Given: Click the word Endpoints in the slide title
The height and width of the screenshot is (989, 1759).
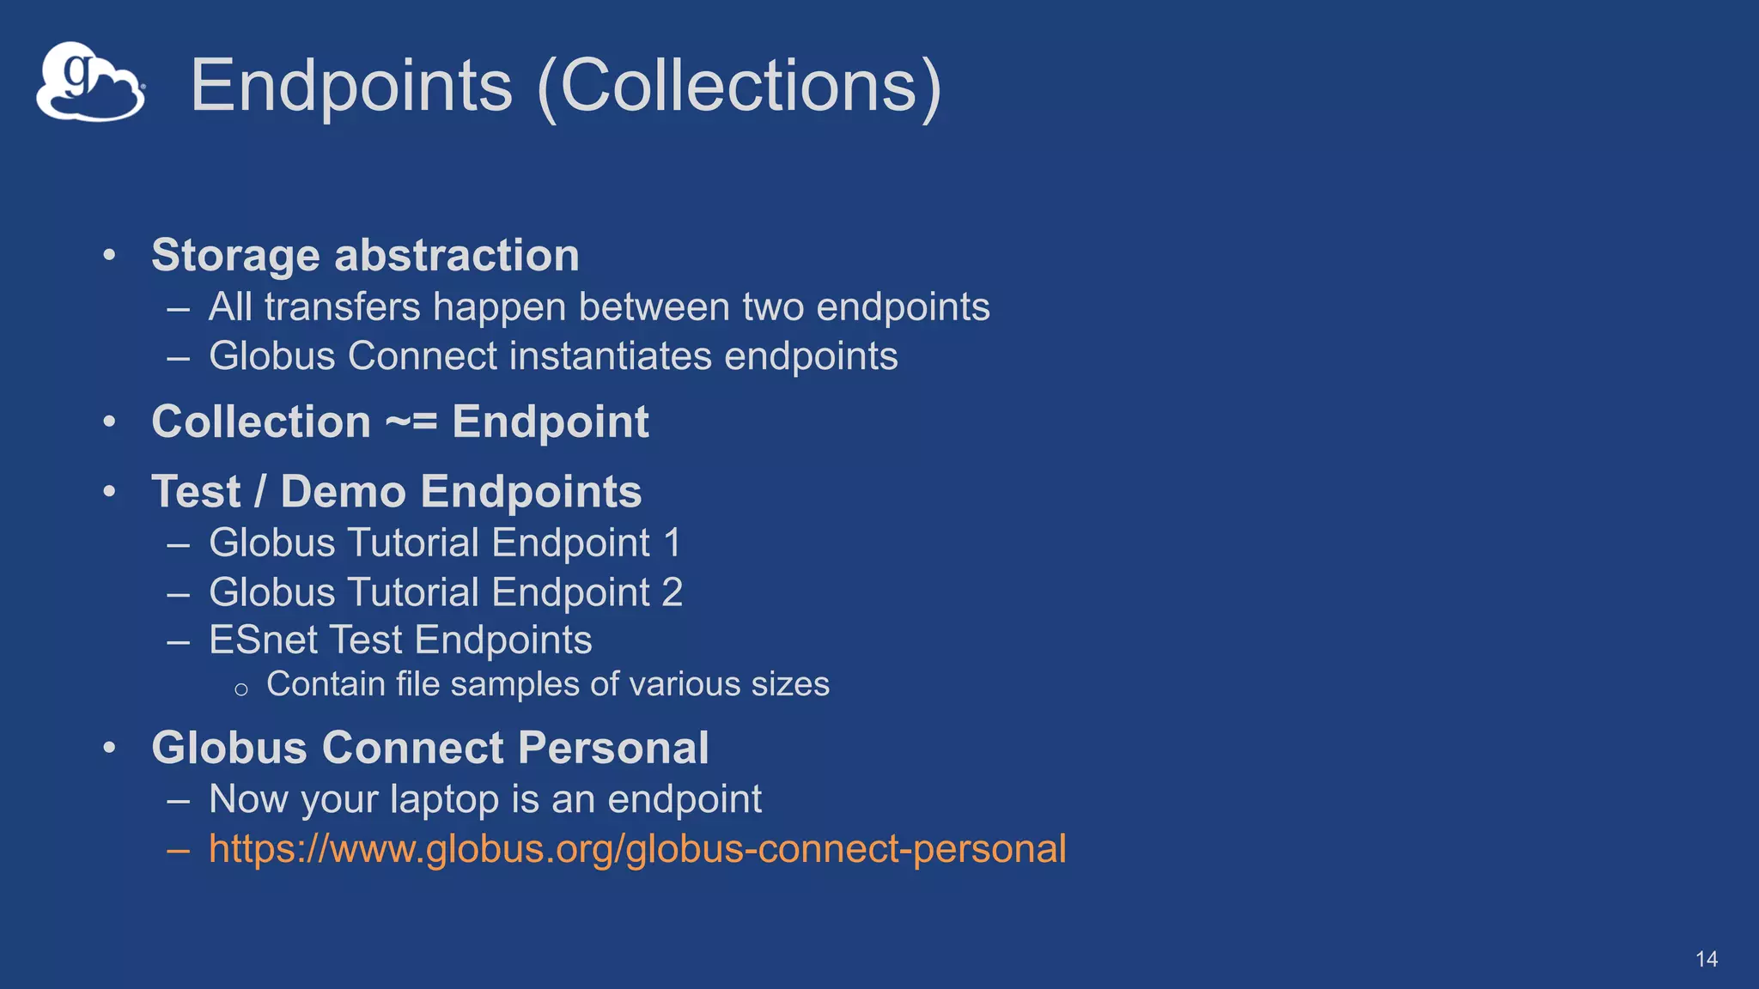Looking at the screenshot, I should [351, 86].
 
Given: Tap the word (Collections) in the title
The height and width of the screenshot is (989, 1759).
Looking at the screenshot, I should [739, 86].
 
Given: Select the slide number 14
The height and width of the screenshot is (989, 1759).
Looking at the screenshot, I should [1706, 959].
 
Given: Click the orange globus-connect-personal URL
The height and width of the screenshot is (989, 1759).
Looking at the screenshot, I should [637, 849].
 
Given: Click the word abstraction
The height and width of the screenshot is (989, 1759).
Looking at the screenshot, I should [456, 256].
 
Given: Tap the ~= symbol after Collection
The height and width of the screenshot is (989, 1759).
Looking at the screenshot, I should [411, 422].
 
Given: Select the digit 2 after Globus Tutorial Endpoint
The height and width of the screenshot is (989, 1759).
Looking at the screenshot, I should [672, 592].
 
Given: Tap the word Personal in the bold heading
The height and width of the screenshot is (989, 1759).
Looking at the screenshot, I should [613, 748].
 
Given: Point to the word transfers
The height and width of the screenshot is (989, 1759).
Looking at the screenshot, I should [343, 307].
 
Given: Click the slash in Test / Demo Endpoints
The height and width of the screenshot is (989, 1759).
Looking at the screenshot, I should [260, 492].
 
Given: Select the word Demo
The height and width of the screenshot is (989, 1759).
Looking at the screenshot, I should [344, 492].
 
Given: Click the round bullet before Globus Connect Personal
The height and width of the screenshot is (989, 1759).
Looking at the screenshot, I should [109, 748].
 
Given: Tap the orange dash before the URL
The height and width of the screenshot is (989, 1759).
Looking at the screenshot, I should [179, 850].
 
